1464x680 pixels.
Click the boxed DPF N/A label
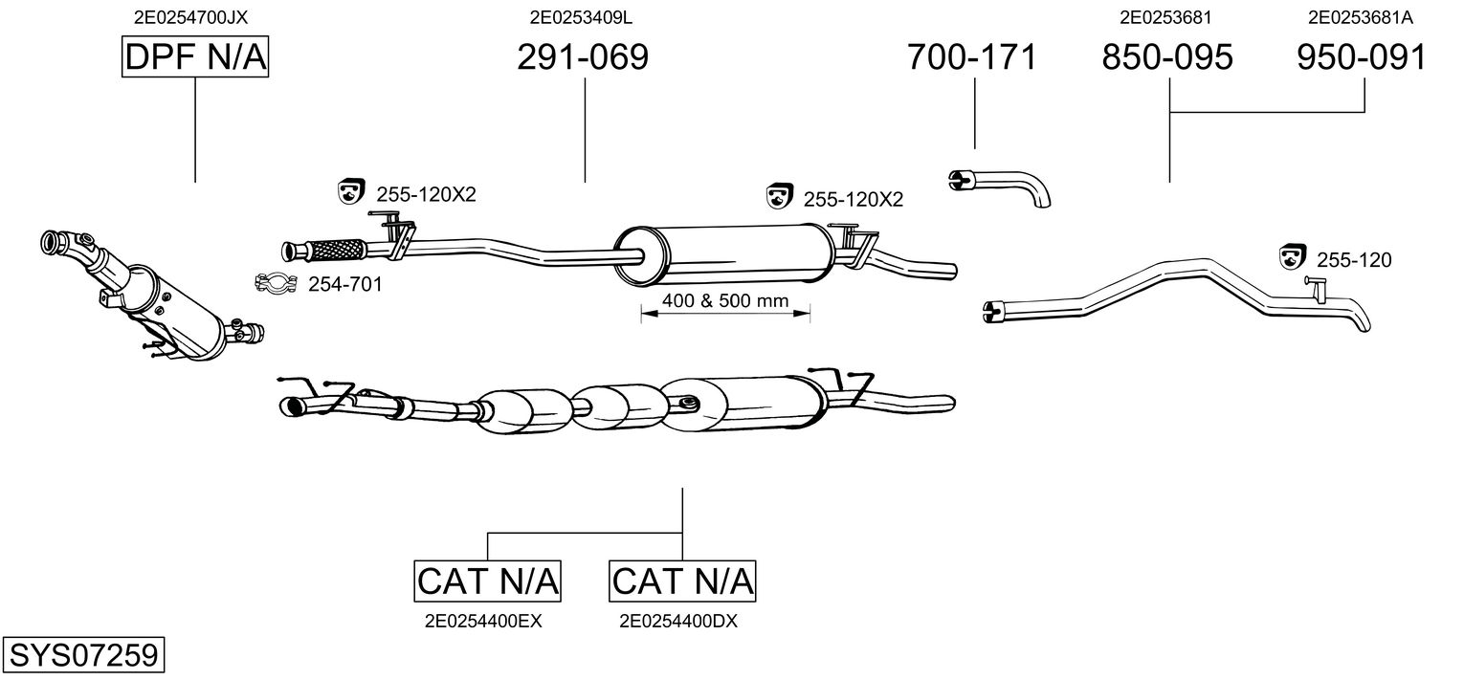coord(195,57)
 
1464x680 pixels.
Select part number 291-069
coord(582,57)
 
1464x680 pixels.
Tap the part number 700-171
coord(971,57)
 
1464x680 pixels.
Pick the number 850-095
coord(1167,57)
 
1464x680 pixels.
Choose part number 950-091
coord(1362,57)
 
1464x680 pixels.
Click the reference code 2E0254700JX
coord(195,16)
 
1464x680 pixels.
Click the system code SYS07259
coord(83,656)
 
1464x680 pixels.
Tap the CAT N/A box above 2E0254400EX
coord(488,581)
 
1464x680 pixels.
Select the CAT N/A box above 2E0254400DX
coord(682,581)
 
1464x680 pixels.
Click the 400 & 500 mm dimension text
coord(725,301)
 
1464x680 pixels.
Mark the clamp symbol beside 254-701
coord(276,283)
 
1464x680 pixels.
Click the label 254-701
coord(344,284)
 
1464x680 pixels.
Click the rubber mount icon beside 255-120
coord(1293,256)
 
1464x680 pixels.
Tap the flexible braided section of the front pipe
coord(335,250)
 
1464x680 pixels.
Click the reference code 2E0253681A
coord(1360,16)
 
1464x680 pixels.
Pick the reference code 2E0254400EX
coord(483,621)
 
